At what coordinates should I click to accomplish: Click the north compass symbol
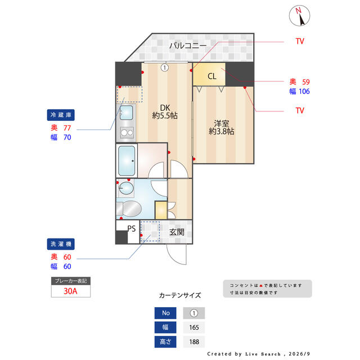pos(299,16)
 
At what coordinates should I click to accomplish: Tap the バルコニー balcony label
pos(188,45)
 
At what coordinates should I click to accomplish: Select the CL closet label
pos(211,76)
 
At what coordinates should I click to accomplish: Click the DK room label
pos(165,107)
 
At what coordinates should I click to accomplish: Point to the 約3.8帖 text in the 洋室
pos(221,132)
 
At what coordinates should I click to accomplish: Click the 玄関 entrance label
pos(177,232)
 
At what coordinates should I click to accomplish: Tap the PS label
pos(131,228)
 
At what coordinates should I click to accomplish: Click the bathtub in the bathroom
pos(127,161)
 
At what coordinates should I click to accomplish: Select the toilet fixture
pos(129,209)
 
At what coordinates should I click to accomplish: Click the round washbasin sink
pos(126,188)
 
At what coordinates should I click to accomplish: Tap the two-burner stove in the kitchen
pos(127,133)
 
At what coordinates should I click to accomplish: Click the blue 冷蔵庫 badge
pos(61,115)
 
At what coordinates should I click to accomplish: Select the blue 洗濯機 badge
pos(61,244)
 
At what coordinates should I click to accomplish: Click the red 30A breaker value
pos(70,291)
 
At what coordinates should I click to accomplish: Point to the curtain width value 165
pos(194,327)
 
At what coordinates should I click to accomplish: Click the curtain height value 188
pos(194,342)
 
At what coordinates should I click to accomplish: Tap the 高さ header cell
pos(165,341)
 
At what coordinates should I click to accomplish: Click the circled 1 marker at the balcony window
pos(164,67)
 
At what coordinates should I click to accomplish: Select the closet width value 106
pos(304,91)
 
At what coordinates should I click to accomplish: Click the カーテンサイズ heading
pos(180,295)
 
